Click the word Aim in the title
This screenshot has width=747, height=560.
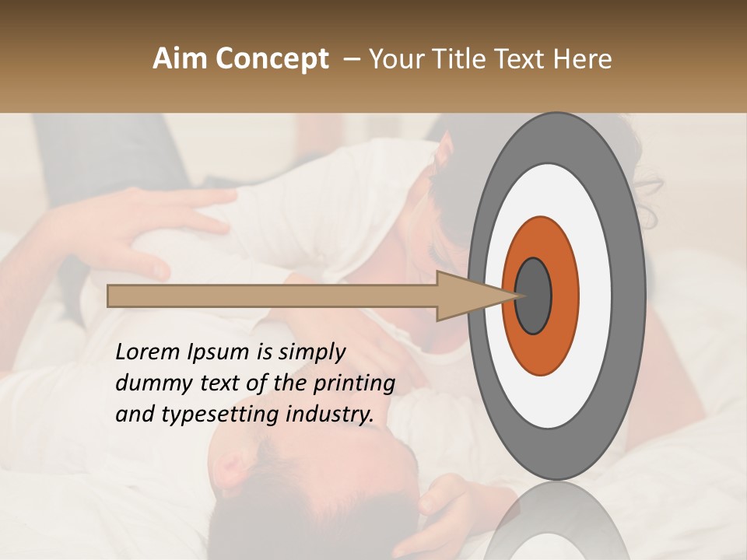click(x=180, y=59)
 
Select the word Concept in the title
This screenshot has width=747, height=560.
click(x=272, y=59)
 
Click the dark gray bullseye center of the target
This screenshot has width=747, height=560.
click(x=533, y=296)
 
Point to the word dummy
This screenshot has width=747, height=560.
click(x=149, y=383)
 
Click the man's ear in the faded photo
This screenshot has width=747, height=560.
click(x=231, y=471)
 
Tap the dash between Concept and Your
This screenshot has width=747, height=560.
click(x=352, y=59)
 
